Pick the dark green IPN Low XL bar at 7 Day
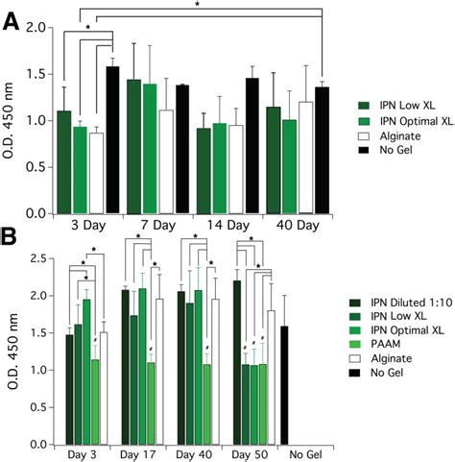133,146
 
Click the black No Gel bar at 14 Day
252,145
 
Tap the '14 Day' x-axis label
227,231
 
